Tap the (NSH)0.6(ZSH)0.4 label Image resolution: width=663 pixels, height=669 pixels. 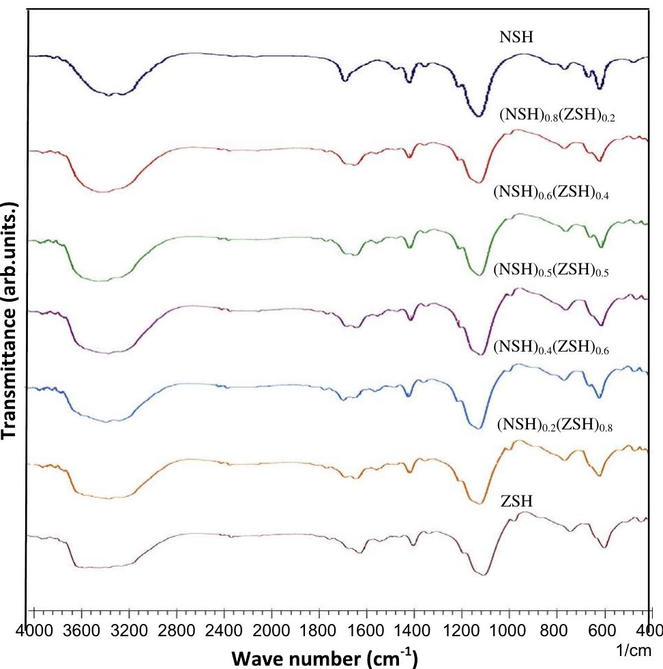tap(550, 193)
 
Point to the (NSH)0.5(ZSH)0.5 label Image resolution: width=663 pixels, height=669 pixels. tap(550, 271)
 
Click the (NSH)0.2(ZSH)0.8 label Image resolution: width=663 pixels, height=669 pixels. tap(555, 426)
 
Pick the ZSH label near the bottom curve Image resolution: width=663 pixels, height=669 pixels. tap(516, 502)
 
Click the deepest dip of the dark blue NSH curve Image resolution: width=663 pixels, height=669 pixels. tap(479, 115)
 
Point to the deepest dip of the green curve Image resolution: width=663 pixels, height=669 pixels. tap(481, 274)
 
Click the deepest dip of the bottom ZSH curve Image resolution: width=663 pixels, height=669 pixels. tap(483, 575)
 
